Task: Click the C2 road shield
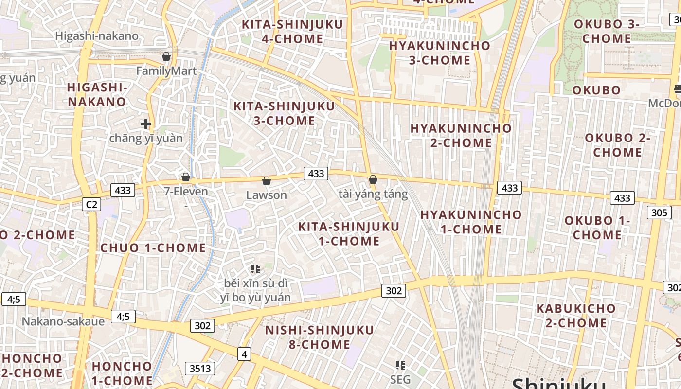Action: (91, 205)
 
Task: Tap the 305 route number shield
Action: (659, 212)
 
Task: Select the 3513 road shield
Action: (200, 369)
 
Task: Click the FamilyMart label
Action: (166, 71)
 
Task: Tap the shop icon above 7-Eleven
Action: (186, 177)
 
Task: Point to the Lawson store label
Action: (267, 195)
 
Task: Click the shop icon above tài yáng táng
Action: (373, 179)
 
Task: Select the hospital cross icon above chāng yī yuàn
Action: (145, 124)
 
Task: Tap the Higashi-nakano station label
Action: (97, 36)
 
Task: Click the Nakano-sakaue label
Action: (63, 321)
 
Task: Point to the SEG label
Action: (400, 379)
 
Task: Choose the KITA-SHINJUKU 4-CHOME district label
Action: (292, 32)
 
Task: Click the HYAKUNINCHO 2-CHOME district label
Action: (461, 136)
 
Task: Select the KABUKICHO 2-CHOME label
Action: (576, 316)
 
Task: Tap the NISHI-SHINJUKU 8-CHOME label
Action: (320, 337)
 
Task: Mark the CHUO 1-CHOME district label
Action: (153, 248)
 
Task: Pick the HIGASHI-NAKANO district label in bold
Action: (97, 94)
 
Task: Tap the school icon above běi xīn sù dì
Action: (255, 268)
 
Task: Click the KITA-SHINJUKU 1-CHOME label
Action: (349, 234)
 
